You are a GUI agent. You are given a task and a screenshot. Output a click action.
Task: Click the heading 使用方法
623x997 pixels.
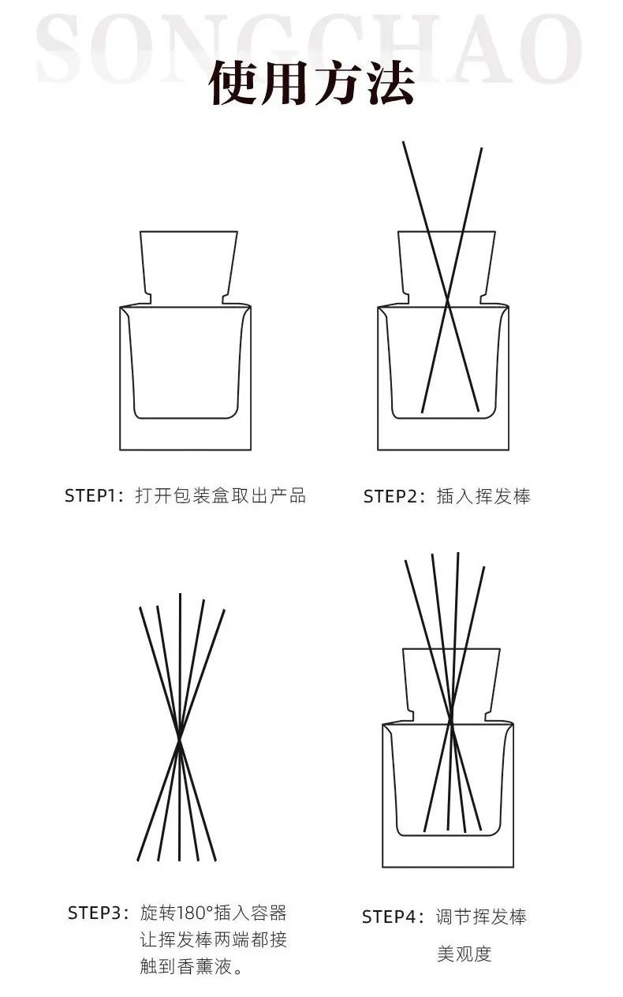coord(312,84)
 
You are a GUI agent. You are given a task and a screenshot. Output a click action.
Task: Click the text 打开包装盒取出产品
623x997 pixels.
coord(220,495)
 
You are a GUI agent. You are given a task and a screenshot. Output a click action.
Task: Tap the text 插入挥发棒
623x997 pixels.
coord(483,496)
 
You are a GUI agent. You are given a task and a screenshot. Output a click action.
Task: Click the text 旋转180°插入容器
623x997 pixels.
coord(214,913)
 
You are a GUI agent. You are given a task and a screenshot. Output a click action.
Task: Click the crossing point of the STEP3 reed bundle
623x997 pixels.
coord(179,740)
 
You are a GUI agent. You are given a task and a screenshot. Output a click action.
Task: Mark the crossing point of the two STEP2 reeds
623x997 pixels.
coord(448,303)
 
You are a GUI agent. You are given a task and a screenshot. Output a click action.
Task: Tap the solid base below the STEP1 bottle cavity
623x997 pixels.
coord(185,434)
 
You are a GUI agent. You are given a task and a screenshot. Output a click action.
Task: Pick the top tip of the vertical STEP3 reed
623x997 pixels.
coord(180,594)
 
